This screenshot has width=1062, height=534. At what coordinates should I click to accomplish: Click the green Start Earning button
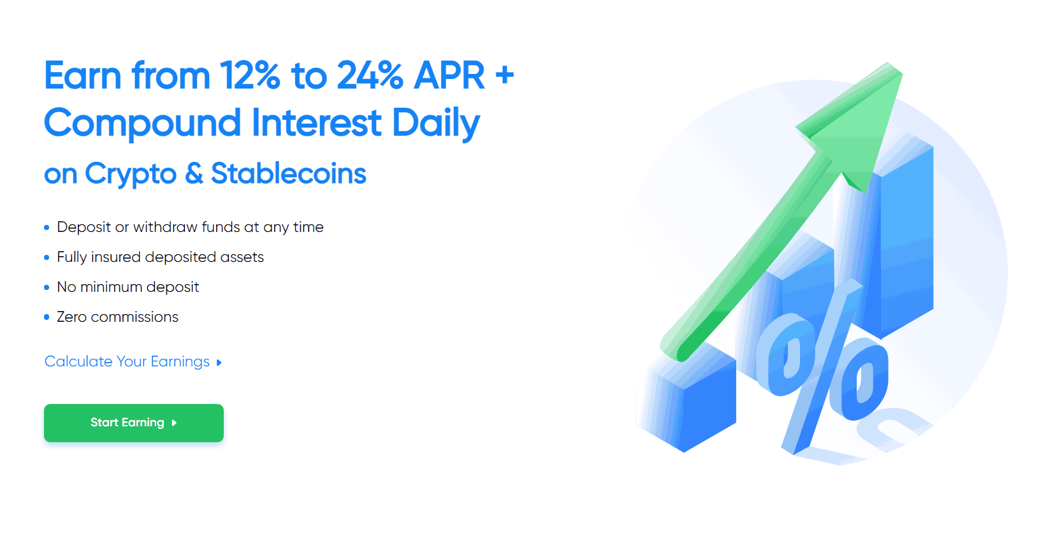[x=134, y=422]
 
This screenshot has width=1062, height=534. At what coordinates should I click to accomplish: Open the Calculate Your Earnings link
[x=127, y=361]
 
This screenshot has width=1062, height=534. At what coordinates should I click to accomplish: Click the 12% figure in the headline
[x=250, y=75]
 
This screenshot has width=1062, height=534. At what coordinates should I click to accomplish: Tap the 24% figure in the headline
[x=370, y=75]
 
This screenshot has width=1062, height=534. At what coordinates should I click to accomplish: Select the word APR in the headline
[x=449, y=75]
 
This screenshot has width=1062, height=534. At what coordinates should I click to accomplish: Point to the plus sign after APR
[x=505, y=75]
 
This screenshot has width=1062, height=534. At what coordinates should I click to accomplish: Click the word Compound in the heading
[x=142, y=123]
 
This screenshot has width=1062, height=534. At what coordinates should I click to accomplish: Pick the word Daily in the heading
[x=436, y=123]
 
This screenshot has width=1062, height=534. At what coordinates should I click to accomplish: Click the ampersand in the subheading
[x=193, y=173]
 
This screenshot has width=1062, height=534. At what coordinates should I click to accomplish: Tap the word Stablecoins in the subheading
[x=289, y=173]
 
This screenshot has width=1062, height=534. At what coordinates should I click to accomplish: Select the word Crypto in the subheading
[x=131, y=174]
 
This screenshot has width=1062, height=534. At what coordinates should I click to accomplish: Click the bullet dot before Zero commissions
[x=47, y=317]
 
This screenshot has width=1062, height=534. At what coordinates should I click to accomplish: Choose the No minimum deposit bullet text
[x=128, y=287]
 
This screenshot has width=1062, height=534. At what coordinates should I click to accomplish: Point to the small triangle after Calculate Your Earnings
[x=219, y=363]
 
